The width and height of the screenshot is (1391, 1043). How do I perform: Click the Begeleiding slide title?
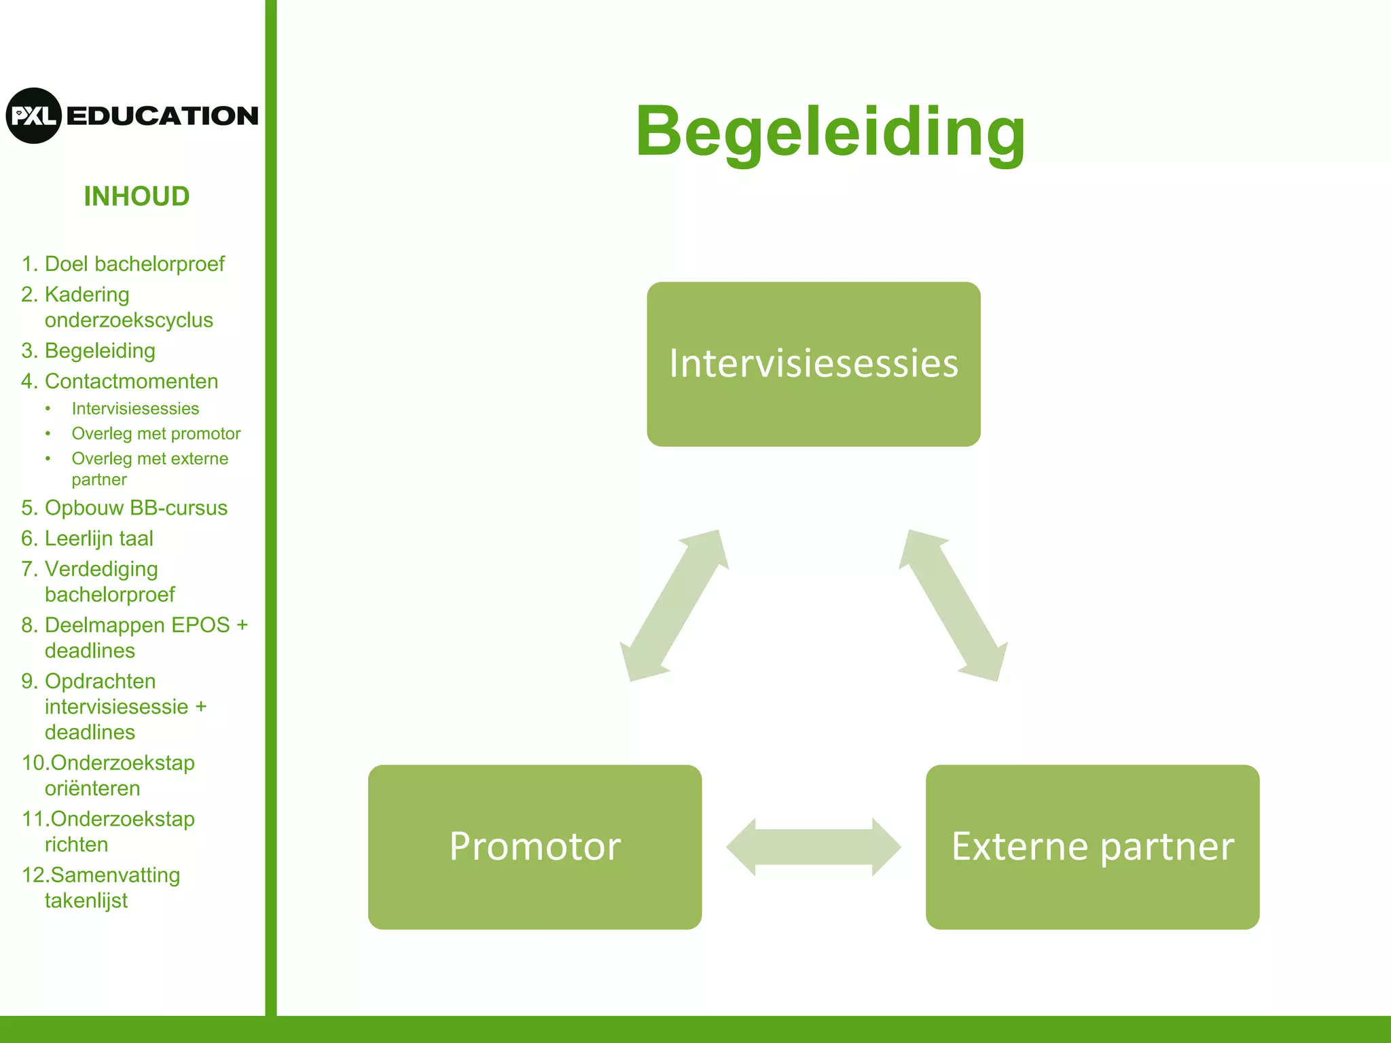coord(830,132)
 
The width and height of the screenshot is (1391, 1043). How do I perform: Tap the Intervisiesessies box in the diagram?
coord(813,364)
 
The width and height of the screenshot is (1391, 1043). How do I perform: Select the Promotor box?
coord(535,847)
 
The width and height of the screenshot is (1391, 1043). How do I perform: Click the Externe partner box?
coord(1092,847)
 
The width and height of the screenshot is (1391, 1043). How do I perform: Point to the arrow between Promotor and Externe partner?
coord(813,847)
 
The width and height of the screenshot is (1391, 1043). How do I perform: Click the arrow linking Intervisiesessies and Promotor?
coord(674,606)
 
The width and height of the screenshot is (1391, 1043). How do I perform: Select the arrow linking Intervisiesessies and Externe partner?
coord(953,606)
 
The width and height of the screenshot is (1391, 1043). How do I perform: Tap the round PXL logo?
coord(34,115)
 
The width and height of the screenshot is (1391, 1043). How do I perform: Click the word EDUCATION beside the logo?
coord(162,116)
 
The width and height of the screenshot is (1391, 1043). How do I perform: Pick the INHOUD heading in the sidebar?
coord(137,197)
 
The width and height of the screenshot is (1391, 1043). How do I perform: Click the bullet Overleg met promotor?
coord(156,434)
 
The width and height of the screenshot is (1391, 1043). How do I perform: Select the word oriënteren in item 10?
coord(92,789)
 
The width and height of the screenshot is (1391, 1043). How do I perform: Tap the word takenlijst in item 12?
coord(86,901)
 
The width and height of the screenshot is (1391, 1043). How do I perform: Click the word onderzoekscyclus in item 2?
coord(128,321)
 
